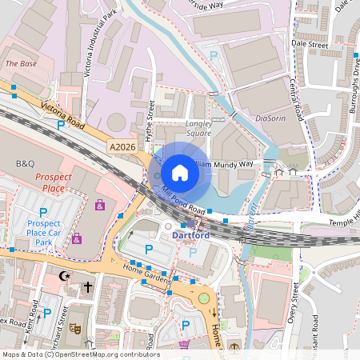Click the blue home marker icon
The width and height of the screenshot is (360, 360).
click(180, 172)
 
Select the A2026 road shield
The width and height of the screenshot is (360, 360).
click(123, 146)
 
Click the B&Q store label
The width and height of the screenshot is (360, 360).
click(25, 162)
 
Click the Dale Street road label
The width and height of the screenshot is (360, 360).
click(310, 46)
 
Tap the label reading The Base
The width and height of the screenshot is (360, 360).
click(21, 62)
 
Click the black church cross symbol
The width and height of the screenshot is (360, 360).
click(87, 286)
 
